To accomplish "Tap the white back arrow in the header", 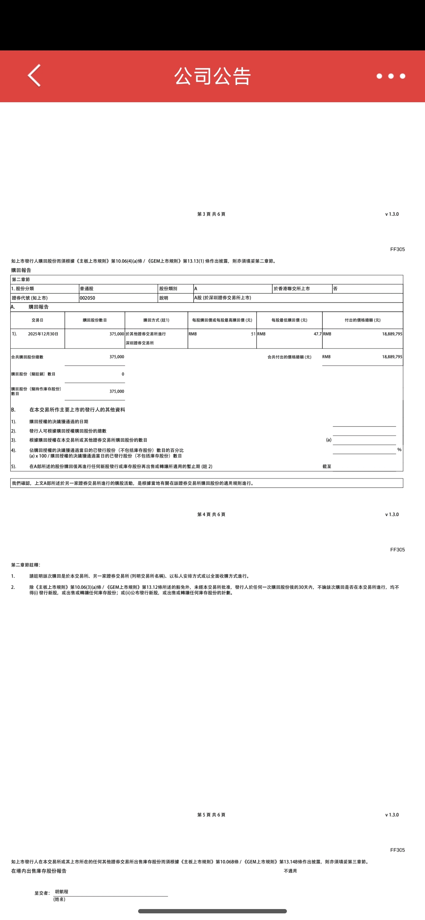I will [x=34, y=76].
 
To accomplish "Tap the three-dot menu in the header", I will [x=391, y=76].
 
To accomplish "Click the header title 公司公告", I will [x=212, y=76].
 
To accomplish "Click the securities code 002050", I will [x=88, y=298].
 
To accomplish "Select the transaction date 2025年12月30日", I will [x=43, y=334].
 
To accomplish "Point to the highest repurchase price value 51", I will [x=253, y=334].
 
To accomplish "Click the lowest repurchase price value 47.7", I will [x=317, y=334].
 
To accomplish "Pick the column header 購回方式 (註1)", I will [x=156, y=320].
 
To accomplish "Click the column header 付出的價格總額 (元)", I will [x=363, y=320].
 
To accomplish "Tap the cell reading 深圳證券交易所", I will [x=140, y=343].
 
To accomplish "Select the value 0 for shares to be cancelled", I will [x=123, y=374].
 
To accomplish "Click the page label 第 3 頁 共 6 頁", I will [x=211, y=214].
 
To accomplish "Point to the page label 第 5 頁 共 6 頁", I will [x=211, y=815].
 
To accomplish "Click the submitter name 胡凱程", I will [x=61, y=891].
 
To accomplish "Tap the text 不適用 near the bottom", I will [x=290, y=871].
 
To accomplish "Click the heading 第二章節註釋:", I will [x=26, y=565].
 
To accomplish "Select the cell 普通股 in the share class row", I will [x=87, y=288].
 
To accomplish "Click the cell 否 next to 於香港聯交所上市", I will [x=335, y=288].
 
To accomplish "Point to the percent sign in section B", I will [x=399, y=450].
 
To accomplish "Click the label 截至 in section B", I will [x=327, y=466].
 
